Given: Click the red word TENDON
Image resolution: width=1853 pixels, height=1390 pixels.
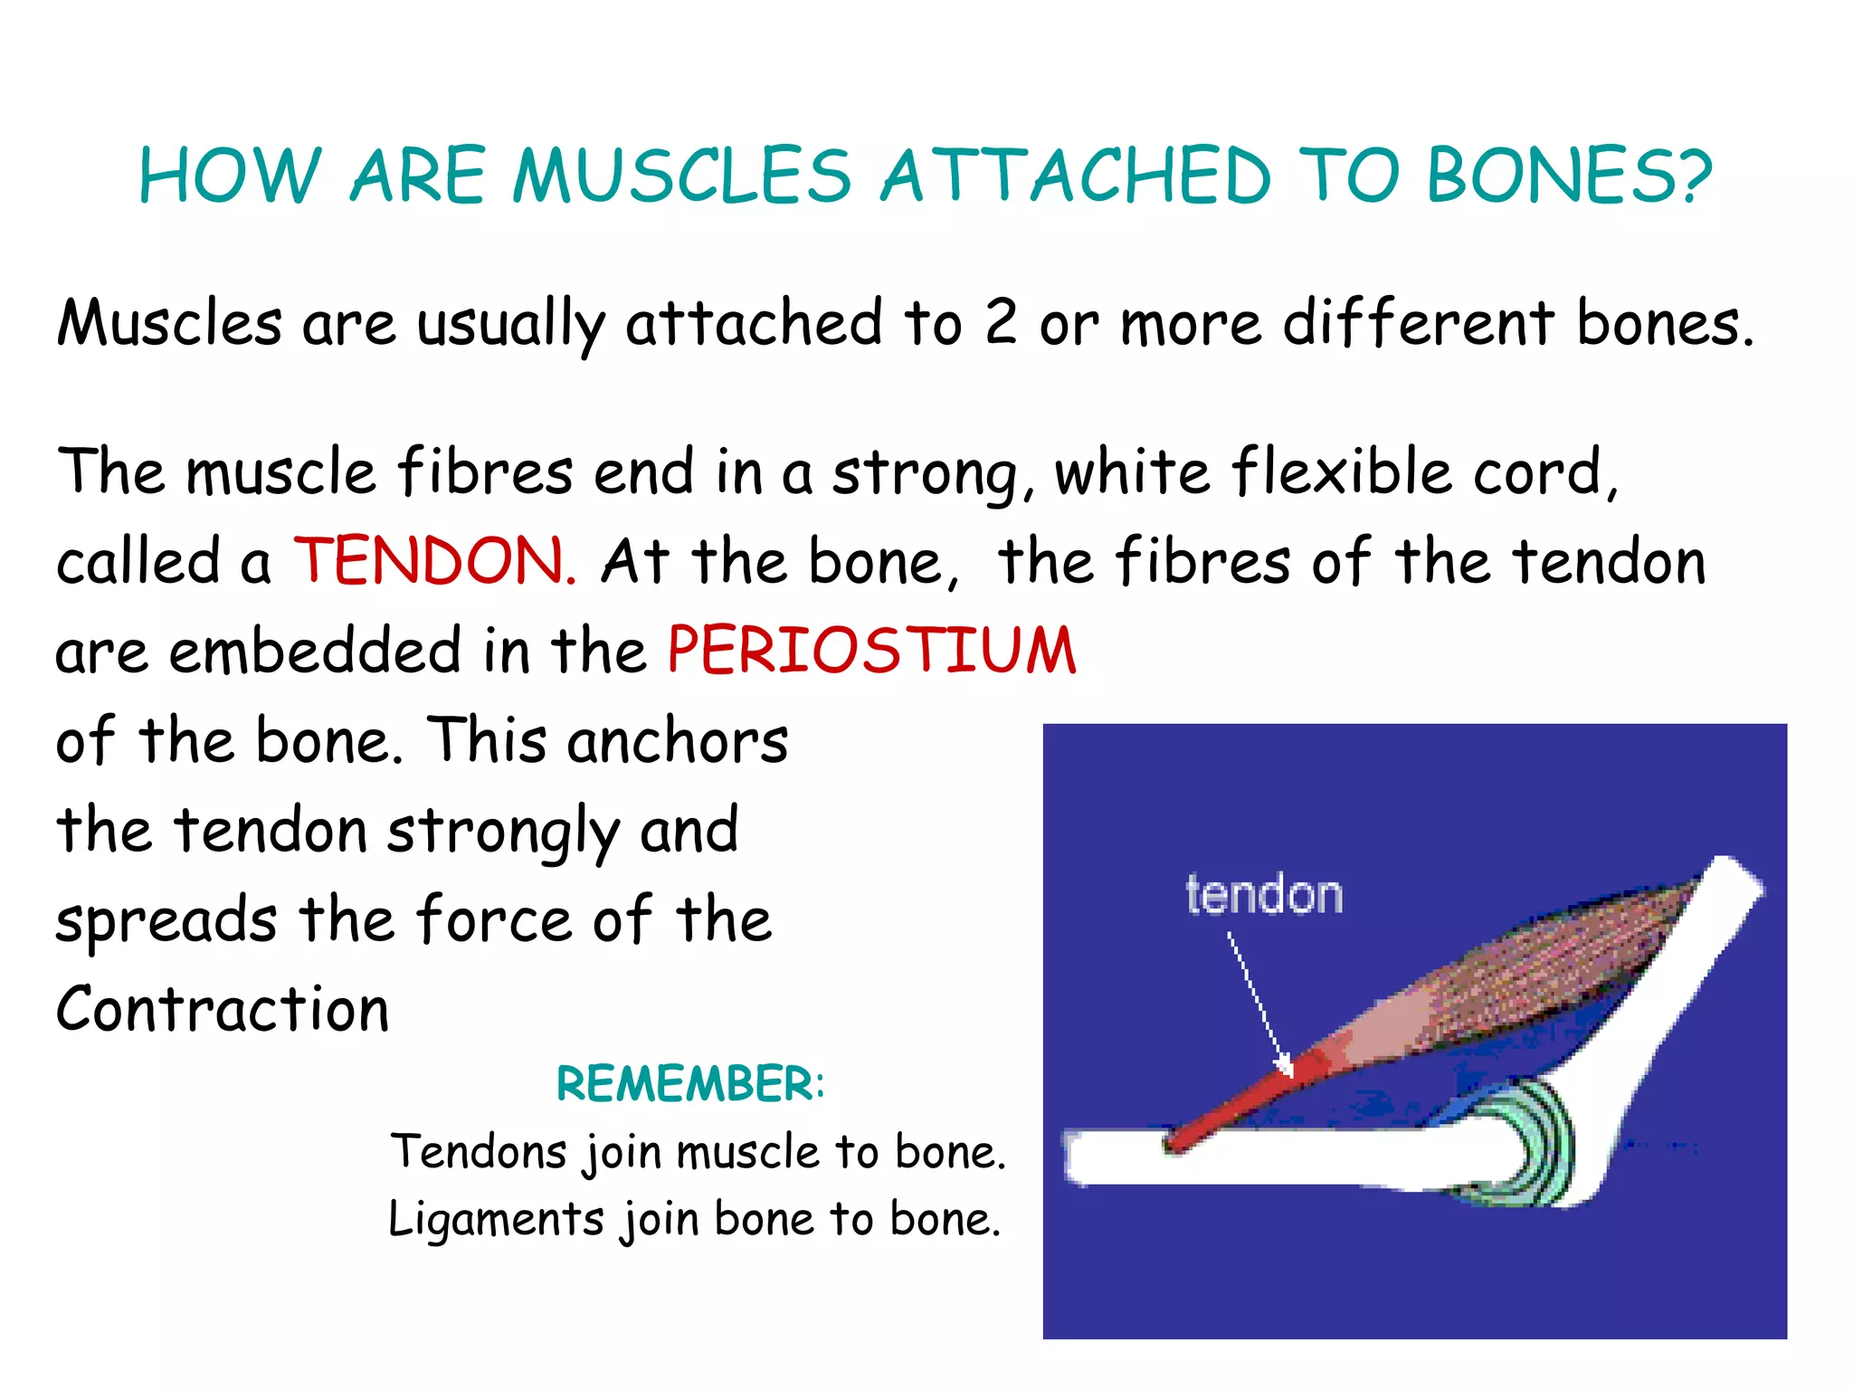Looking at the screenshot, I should [x=433, y=561].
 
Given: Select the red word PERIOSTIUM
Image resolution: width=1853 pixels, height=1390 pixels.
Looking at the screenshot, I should [x=871, y=651].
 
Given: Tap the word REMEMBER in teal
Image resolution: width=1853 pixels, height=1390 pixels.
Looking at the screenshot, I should [x=684, y=1083].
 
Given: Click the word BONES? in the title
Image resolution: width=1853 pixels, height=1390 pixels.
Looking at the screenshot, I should [x=1569, y=176].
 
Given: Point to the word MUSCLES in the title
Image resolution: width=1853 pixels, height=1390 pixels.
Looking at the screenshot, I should [x=681, y=176].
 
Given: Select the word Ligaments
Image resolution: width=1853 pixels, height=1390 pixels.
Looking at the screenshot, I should [x=496, y=1219].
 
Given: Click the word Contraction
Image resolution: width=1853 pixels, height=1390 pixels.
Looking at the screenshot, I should [x=223, y=1009].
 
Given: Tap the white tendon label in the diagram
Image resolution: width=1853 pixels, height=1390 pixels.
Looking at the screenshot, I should [x=1264, y=895].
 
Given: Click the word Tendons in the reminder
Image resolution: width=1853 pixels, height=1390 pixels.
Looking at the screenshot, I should [x=479, y=1152].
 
